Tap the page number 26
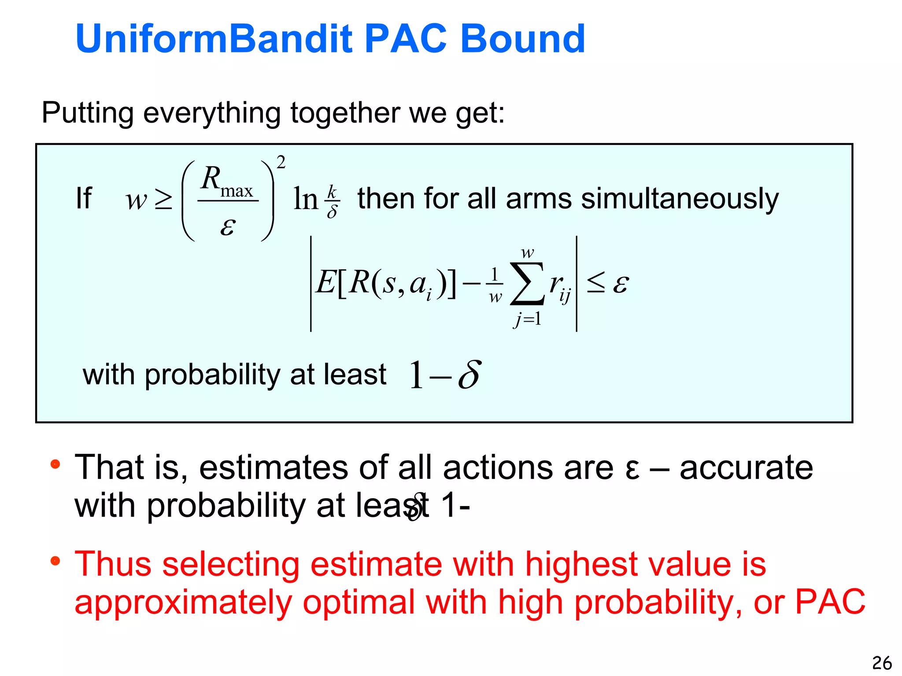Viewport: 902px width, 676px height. pyautogui.click(x=882, y=663)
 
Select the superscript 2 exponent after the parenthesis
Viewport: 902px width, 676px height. pyautogui.click(x=281, y=162)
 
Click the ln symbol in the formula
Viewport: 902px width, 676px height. pyautogui.click(x=305, y=199)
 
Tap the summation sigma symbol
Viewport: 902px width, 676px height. pyautogui.click(x=527, y=283)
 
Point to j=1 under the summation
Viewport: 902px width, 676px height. pyautogui.click(x=527, y=318)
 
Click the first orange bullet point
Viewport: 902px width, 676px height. pyautogui.click(x=55, y=464)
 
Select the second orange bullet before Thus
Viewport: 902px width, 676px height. pyautogui.click(x=55, y=561)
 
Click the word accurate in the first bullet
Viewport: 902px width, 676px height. pyautogui.click(x=746, y=467)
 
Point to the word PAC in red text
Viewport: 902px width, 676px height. pyautogui.click(x=830, y=602)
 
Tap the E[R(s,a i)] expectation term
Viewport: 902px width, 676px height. pyautogui.click(x=385, y=283)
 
